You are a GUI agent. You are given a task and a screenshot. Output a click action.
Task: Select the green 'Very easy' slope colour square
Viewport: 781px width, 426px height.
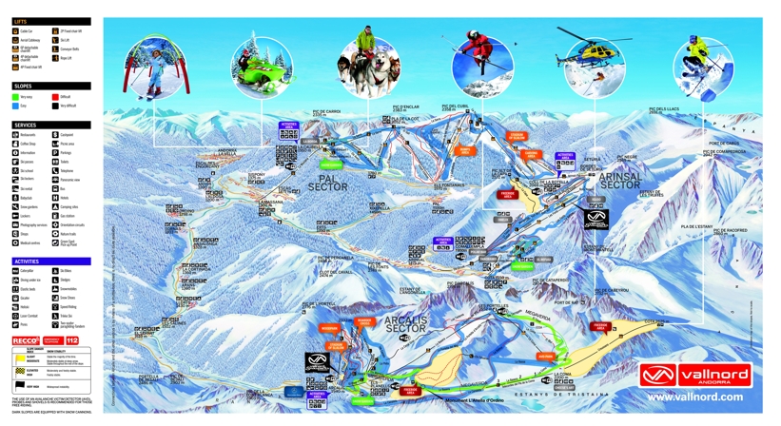(15, 97)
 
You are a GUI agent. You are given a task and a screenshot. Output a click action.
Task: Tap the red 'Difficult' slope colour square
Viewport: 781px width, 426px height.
(56, 97)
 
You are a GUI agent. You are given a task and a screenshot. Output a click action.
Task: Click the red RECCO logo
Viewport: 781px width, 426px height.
(25, 339)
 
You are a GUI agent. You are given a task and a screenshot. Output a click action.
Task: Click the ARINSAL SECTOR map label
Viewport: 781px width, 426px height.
(622, 181)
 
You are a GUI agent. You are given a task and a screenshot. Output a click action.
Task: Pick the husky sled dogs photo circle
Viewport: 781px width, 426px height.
(367, 68)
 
